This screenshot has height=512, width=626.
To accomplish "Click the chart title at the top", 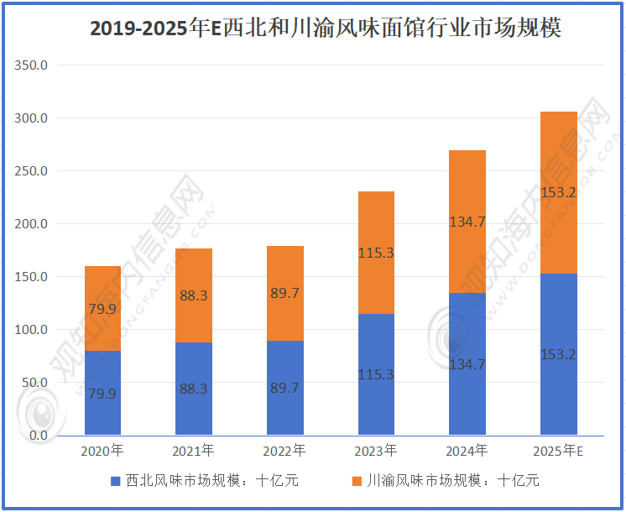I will (313, 29).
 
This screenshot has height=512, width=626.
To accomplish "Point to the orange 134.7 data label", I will (467, 222).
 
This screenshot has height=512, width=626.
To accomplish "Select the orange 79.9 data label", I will (102, 309).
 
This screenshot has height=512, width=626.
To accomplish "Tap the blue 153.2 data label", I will (558, 354).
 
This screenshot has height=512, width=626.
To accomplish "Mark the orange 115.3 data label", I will (376, 252).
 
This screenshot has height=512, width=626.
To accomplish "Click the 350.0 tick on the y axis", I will (33, 65).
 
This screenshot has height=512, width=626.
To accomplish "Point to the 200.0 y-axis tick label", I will (33, 224).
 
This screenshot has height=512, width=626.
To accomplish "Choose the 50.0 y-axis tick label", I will (35, 383).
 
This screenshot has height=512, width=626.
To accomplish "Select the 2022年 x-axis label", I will (284, 452).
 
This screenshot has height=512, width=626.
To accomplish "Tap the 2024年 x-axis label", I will (467, 452).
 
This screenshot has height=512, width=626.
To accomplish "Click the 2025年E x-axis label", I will (558, 452).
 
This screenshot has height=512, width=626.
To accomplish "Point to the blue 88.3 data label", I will (193, 389).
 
